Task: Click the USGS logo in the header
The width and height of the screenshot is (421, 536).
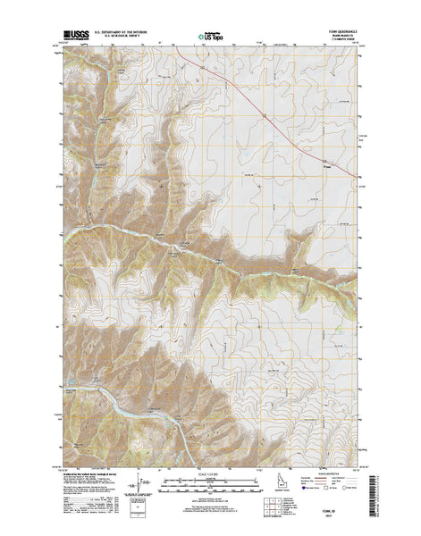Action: coord(74,37)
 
